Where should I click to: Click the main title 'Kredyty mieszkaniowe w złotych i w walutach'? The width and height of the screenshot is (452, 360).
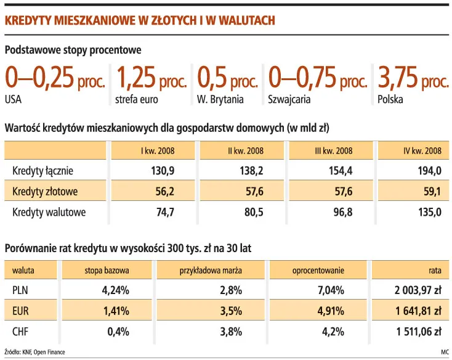point(139,21)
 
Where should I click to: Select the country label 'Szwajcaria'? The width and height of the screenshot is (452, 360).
point(289,99)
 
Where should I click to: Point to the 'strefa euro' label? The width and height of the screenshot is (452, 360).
point(135,99)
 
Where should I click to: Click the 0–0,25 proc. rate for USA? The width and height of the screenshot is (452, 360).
point(55,78)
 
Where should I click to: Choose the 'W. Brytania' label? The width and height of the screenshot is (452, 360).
point(220,99)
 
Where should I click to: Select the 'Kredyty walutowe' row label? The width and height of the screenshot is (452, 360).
point(49,213)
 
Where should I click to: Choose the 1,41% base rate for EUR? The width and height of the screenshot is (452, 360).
point(117,311)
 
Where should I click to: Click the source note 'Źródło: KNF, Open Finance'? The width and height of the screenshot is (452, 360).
point(34,352)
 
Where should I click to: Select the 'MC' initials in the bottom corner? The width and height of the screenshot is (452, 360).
point(444,352)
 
